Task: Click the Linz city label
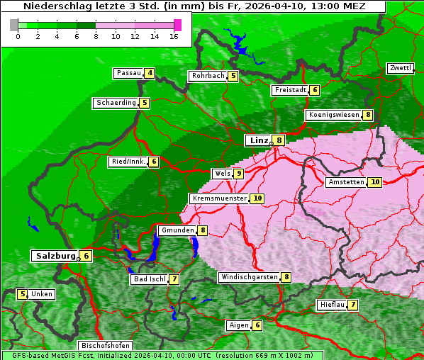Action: coord(259,140)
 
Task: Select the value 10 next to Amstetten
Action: coord(375,182)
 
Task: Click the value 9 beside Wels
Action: coord(239,174)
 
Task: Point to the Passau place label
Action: coord(128,73)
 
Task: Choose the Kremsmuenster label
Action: coord(219,198)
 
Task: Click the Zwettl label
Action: coord(400,68)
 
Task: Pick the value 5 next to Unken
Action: coord(23,294)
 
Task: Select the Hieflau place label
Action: coord(332,305)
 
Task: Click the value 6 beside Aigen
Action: coord(257,325)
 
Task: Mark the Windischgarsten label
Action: coord(248,277)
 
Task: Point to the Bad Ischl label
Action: coord(149,279)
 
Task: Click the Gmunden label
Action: coord(177,230)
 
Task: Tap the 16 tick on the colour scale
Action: coord(174,36)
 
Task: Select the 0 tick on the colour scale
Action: coord(18,36)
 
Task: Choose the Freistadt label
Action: coord(290,90)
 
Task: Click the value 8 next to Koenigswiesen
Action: coord(368,115)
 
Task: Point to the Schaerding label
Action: coord(116,103)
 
